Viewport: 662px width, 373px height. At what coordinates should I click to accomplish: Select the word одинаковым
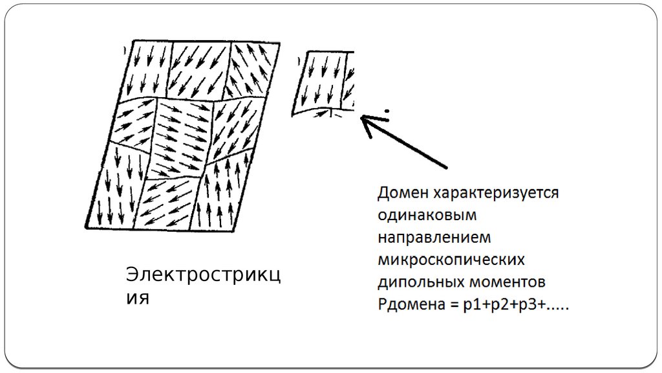click(x=427, y=215)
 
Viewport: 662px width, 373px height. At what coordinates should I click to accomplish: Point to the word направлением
click(x=434, y=237)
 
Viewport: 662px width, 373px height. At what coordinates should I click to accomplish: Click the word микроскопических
click(x=451, y=259)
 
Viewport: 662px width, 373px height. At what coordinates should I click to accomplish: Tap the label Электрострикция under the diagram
click(x=202, y=285)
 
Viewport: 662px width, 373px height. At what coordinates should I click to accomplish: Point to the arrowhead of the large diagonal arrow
click(x=366, y=120)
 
